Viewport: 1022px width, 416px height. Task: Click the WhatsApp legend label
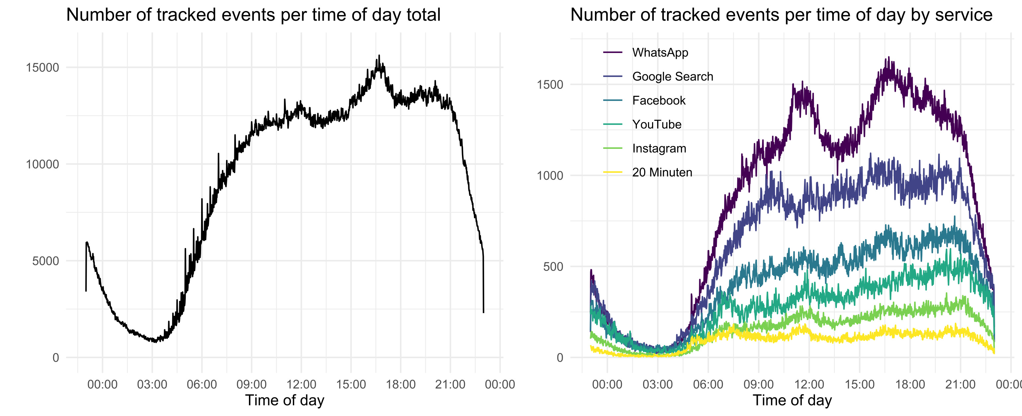tap(660, 53)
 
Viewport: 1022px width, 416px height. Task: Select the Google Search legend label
tap(672, 76)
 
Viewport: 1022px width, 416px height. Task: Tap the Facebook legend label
tap(659, 101)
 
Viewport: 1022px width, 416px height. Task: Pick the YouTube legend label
tap(657, 124)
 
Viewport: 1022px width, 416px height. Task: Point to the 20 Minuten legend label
tap(662, 172)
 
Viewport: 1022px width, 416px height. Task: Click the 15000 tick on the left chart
tap(43, 68)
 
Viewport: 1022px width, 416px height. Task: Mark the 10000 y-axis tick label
tap(43, 164)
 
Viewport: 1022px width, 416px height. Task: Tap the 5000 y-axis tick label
tap(46, 261)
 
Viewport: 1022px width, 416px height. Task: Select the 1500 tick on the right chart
tap(549, 85)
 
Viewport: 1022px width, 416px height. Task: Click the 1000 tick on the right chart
tap(549, 176)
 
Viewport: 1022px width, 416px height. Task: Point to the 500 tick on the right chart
tap(553, 267)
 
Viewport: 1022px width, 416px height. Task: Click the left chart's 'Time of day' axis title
tap(284, 400)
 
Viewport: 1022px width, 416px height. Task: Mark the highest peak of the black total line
tap(379, 56)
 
